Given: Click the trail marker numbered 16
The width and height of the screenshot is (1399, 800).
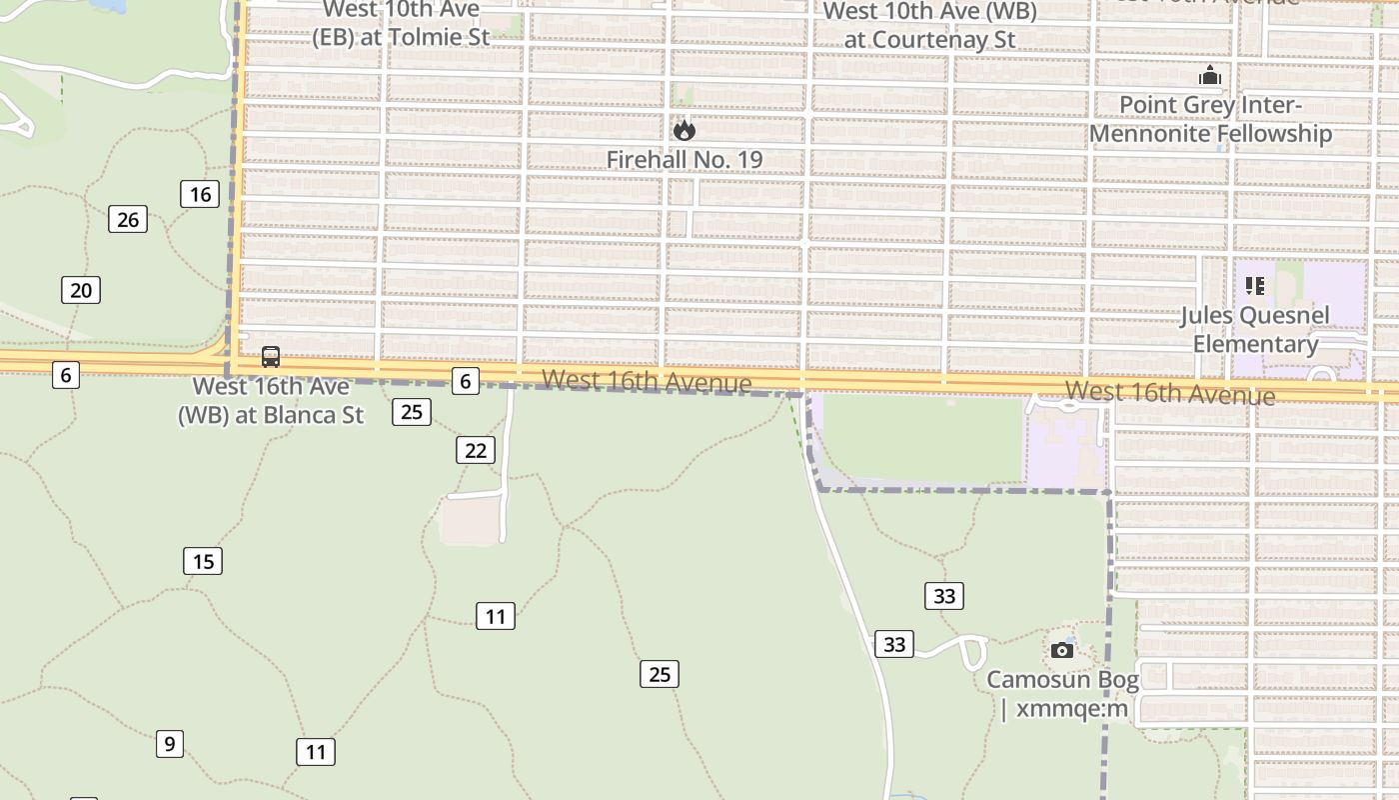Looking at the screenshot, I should [200, 194].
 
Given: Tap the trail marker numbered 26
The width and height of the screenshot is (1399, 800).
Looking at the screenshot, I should [128, 219].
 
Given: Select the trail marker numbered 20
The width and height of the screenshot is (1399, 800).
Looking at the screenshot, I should [81, 291].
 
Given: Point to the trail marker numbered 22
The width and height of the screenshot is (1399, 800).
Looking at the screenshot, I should [476, 450].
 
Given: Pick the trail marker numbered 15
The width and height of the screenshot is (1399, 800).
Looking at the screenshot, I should [203, 561].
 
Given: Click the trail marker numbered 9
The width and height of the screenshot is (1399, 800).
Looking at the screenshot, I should [170, 744].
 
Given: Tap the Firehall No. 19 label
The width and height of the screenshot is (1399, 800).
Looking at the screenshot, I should [685, 159].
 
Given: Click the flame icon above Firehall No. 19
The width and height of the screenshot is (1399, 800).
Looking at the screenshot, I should [685, 130].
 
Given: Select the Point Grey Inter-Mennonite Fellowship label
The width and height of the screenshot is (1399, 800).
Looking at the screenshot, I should [1210, 119].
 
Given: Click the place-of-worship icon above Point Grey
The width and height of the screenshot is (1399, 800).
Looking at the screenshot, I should [1210, 76].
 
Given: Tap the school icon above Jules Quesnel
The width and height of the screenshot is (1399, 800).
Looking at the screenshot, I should [1255, 287].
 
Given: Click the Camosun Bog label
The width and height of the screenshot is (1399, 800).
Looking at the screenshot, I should [1063, 694].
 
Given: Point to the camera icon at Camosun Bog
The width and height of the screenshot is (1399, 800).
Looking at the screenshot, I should [1062, 651].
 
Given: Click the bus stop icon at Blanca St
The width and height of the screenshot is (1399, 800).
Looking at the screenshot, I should [271, 357].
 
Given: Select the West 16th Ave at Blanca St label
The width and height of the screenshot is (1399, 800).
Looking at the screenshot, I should [271, 400].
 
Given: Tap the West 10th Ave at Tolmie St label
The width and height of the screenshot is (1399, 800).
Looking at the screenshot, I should [400, 23].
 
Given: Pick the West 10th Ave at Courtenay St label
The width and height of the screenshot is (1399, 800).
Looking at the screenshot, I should [930, 25].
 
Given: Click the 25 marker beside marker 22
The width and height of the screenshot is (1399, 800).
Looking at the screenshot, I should [412, 411].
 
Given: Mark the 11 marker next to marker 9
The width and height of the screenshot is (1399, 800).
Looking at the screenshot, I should [316, 752].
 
